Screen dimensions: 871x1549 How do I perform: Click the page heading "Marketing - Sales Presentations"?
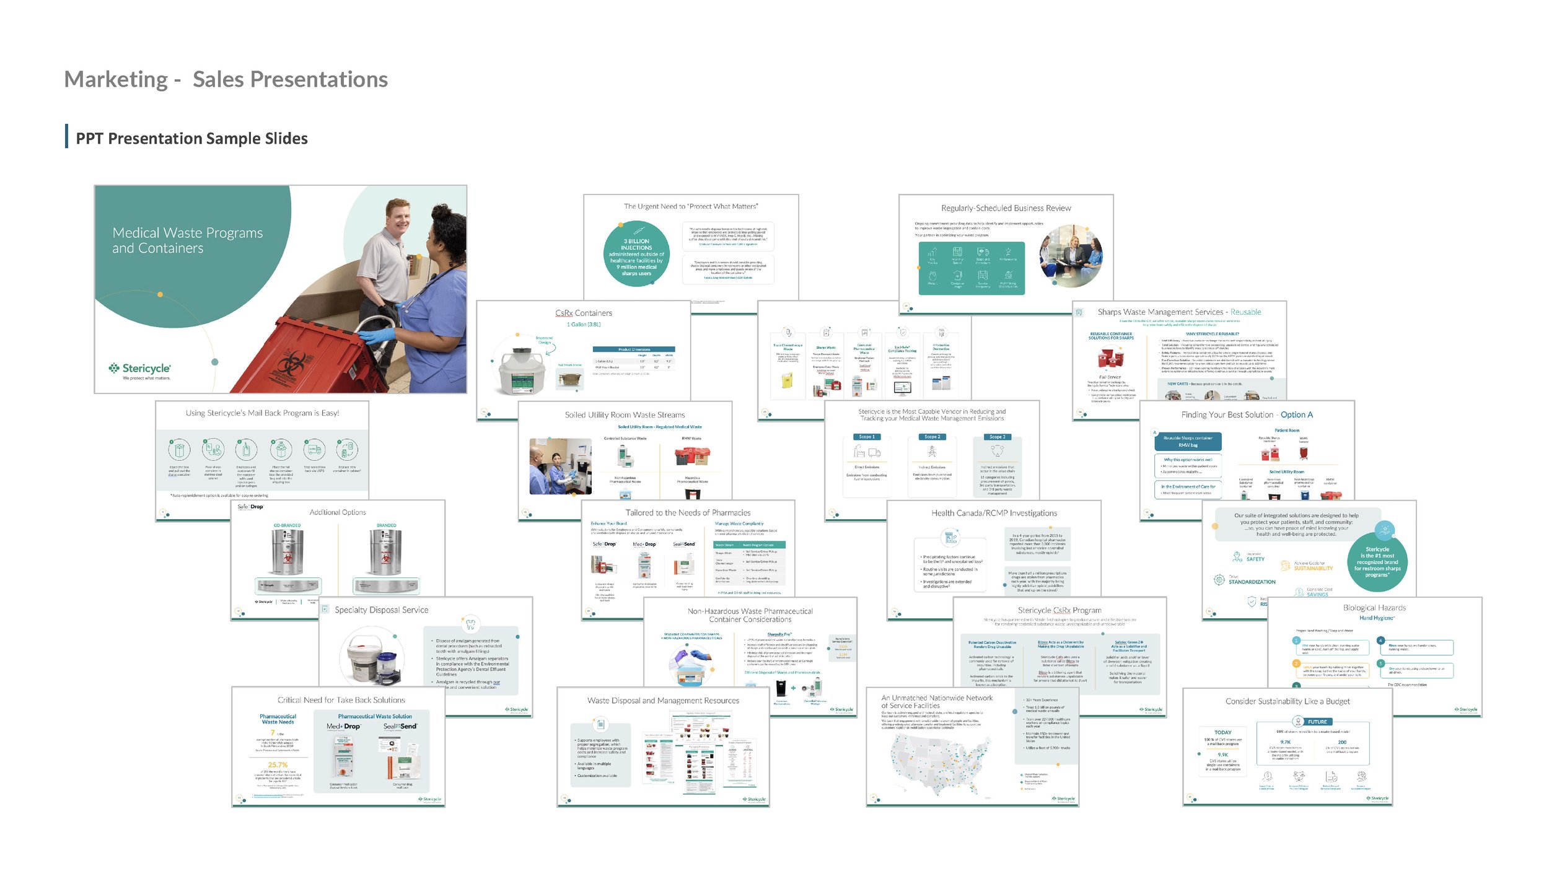(x=226, y=79)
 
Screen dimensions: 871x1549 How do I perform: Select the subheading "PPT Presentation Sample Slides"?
(x=191, y=138)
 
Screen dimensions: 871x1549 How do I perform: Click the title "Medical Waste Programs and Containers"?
(x=187, y=240)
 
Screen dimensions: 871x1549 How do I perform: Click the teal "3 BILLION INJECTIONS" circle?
(x=636, y=254)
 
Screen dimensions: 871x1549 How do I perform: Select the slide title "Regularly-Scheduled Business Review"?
(x=1006, y=208)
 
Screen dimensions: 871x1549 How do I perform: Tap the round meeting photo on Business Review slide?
(x=1071, y=256)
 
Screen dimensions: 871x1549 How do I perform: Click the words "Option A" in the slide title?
(x=1296, y=414)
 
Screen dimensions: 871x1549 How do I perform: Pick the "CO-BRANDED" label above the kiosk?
(x=287, y=525)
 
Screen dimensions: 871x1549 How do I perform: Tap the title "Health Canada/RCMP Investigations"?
(x=994, y=513)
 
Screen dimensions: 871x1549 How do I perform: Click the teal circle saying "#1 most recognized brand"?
(x=1377, y=561)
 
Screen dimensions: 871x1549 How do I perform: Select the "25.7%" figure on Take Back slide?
(x=278, y=764)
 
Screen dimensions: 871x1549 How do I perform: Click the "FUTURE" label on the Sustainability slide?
(x=1317, y=722)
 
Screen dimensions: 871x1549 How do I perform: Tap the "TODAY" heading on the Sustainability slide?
(x=1222, y=732)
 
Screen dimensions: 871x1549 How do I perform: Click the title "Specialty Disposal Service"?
(x=381, y=610)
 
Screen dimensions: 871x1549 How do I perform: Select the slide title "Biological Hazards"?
(x=1374, y=608)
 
